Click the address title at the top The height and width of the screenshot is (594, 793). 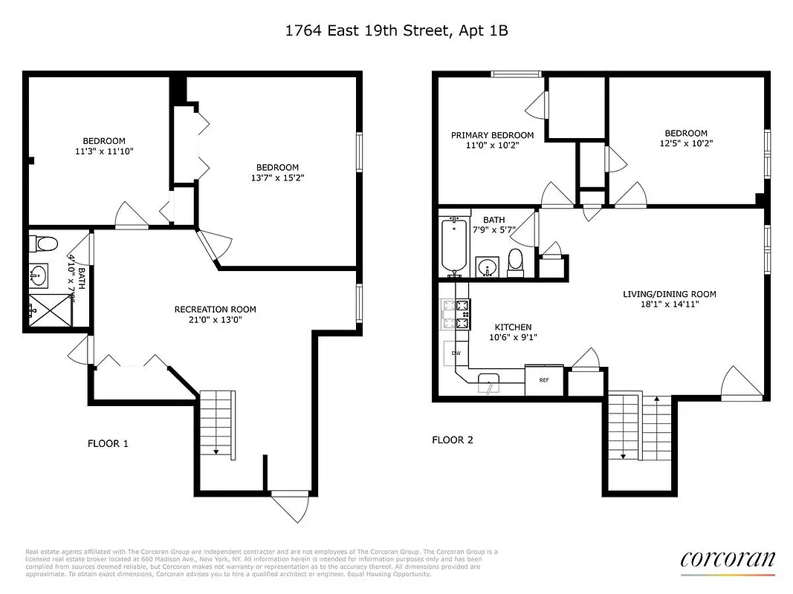(x=397, y=30)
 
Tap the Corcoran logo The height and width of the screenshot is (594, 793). (x=727, y=559)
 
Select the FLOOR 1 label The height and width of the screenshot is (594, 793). (x=108, y=443)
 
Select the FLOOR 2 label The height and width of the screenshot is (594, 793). (x=453, y=440)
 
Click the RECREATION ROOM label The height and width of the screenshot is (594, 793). (x=215, y=310)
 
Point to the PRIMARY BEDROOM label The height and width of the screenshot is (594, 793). (x=492, y=135)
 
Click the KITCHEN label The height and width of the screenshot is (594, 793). (x=513, y=327)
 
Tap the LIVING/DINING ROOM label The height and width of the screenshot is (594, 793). (x=669, y=294)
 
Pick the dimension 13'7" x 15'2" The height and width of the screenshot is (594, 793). (x=277, y=178)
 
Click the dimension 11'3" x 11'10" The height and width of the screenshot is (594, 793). (x=103, y=151)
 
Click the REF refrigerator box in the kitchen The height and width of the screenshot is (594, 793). (x=543, y=379)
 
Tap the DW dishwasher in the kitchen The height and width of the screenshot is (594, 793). (x=456, y=353)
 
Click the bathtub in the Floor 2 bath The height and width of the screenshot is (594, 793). (x=453, y=246)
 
